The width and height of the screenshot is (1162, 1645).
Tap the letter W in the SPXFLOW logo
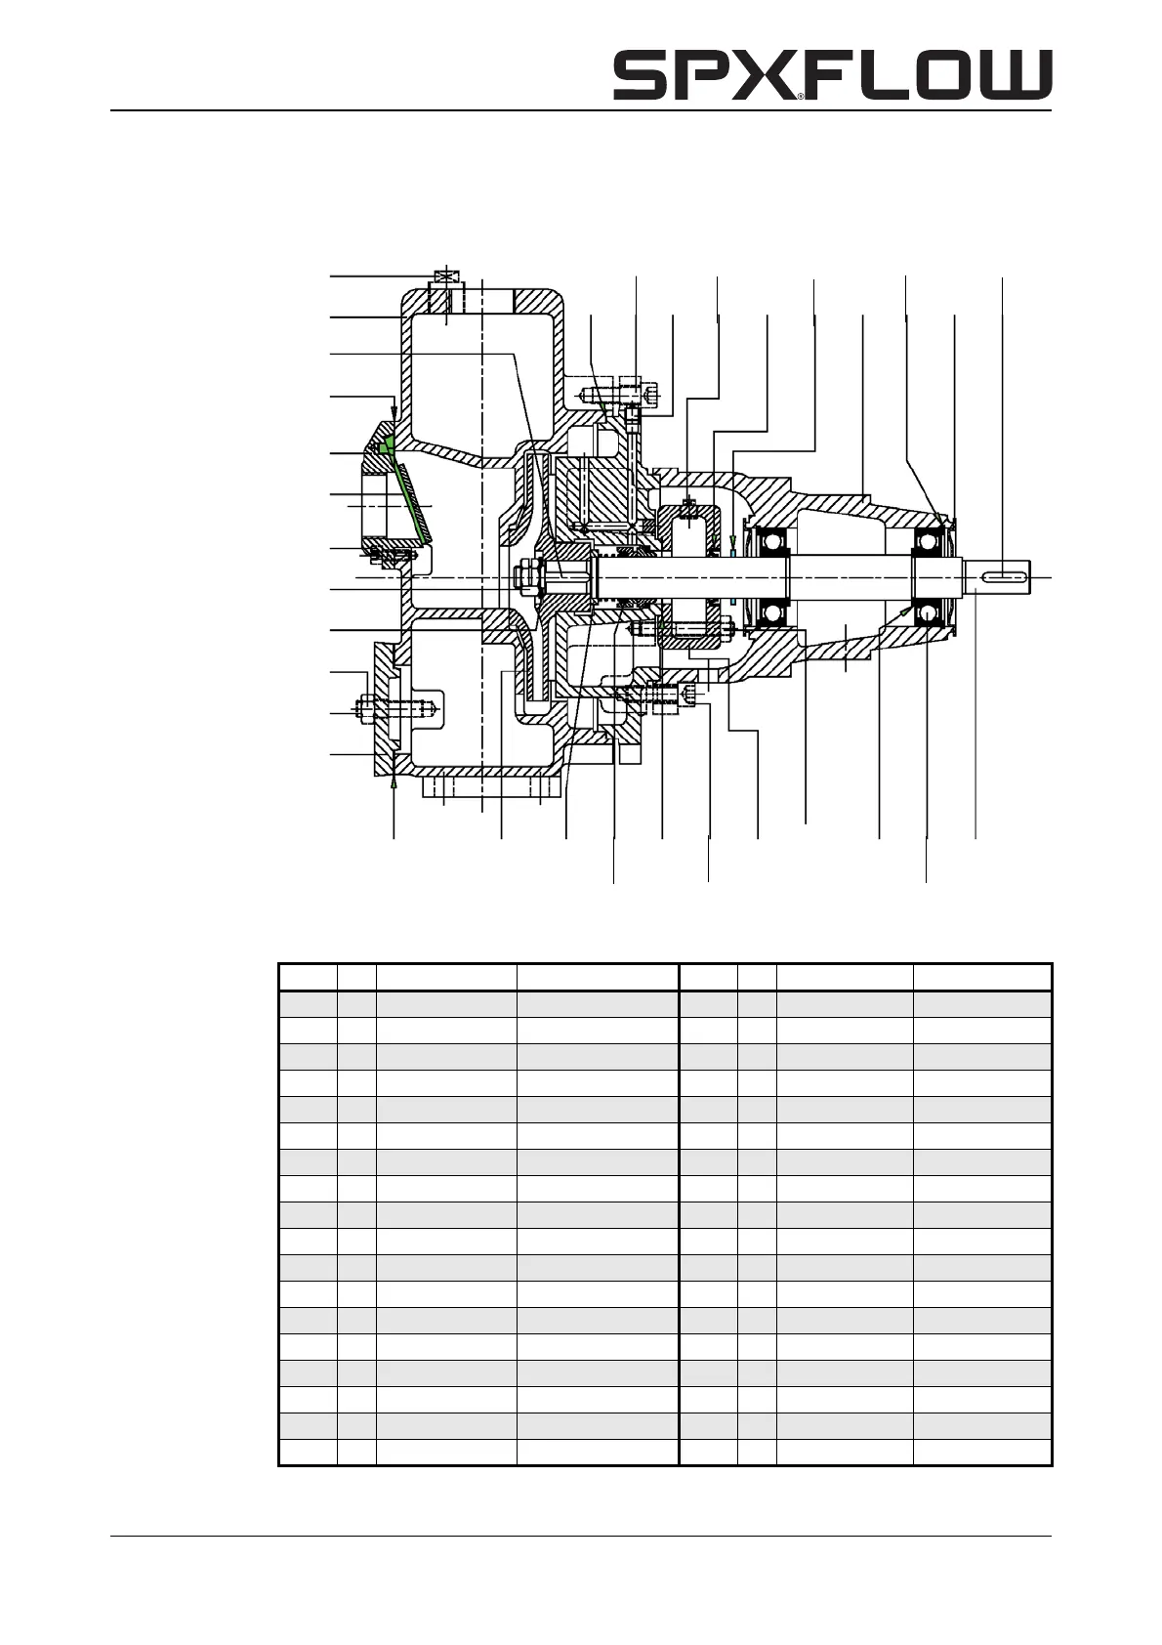(1017, 76)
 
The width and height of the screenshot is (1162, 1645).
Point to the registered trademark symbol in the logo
(800, 97)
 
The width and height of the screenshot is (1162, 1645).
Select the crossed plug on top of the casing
(445, 277)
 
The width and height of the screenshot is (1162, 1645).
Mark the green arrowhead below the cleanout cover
(394, 780)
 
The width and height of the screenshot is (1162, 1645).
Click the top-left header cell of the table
(308, 978)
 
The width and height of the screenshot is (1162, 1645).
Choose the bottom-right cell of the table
(982, 1452)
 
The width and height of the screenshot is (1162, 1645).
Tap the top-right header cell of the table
(982, 978)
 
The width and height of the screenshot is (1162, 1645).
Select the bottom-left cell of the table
(308, 1452)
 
